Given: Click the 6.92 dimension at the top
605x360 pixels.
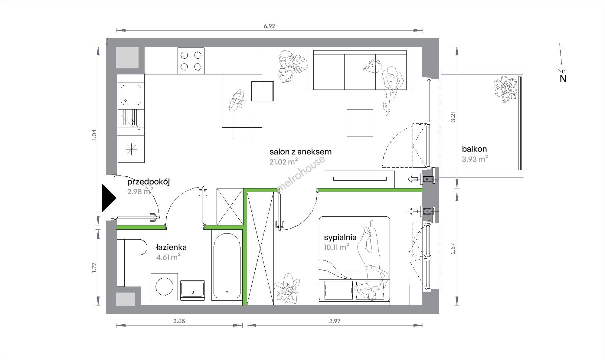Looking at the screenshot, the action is point(269,26).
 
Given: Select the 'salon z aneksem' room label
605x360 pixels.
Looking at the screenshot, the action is point(300,152).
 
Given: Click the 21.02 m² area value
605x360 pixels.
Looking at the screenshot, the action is point(283,162).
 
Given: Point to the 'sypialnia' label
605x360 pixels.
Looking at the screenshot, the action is point(340,237).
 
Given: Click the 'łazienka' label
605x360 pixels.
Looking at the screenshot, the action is point(171,247).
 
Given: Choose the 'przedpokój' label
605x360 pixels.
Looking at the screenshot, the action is point(149,182).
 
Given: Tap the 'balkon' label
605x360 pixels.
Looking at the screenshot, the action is point(474,149).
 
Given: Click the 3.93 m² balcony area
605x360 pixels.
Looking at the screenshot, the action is point(475,159).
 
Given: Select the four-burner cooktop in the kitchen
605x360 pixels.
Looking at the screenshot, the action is point(191,60).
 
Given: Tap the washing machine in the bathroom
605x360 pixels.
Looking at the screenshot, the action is point(164,287).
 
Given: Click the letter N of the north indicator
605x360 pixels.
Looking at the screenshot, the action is point(563,79).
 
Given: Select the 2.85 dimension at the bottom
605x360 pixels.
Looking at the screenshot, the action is point(179,321).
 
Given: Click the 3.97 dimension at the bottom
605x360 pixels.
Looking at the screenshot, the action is point(335,321).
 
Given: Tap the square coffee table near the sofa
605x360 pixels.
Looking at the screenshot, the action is point(360,123).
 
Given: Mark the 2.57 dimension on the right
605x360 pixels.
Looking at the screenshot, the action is point(453,248).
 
